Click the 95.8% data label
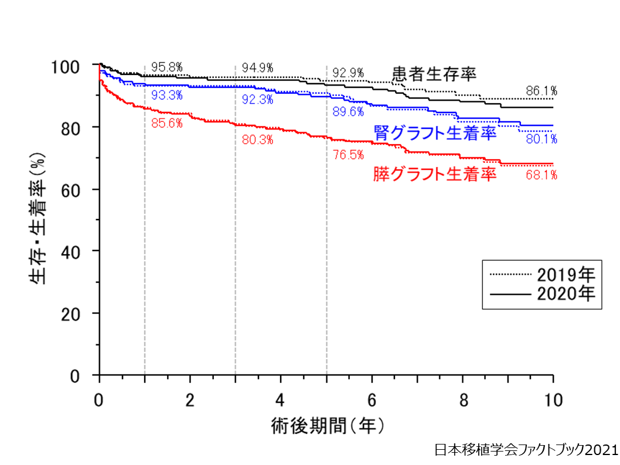tap(167, 67)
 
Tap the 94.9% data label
tap(258, 67)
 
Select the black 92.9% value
tap(349, 73)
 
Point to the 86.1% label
tap(541, 91)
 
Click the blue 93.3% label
tap(167, 95)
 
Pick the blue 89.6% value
tap(349, 111)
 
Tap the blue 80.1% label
tap(541, 139)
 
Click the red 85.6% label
tap(167, 124)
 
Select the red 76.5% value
tap(349, 155)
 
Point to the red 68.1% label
tap(541, 175)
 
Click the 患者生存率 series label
tap(434, 73)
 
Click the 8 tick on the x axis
tap(463, 400)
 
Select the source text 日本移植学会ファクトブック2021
tap(526, 450)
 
